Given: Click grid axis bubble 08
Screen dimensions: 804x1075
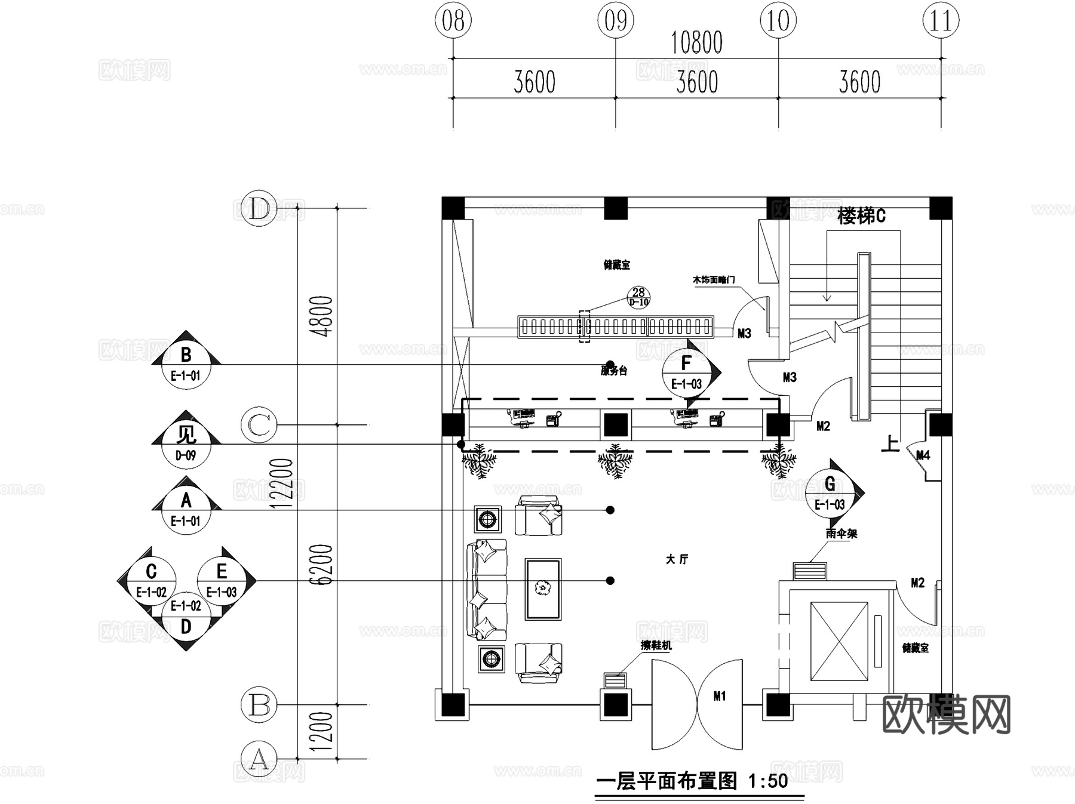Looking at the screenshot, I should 453,21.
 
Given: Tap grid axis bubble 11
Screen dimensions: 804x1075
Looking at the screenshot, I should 941,21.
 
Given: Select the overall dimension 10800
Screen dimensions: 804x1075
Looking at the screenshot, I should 696,43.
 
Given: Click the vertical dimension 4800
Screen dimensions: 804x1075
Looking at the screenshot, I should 324,316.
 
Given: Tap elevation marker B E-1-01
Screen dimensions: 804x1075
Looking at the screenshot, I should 186,364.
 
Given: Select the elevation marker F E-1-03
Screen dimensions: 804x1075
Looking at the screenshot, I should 686,372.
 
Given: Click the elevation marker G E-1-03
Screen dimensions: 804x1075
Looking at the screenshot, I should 830,492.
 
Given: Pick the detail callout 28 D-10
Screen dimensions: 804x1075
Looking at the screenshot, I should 638,297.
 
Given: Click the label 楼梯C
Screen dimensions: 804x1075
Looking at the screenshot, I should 861,216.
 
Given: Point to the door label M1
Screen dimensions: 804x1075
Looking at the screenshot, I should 720,696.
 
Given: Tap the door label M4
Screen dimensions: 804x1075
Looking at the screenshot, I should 923,455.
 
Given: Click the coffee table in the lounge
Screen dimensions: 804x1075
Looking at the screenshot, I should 543,589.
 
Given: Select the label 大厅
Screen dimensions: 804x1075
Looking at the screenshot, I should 677,559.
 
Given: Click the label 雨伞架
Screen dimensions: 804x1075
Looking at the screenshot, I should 841,534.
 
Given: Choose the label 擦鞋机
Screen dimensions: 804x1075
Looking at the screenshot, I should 656,645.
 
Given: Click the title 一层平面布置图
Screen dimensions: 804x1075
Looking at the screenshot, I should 667,781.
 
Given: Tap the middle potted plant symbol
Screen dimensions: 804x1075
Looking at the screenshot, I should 615,461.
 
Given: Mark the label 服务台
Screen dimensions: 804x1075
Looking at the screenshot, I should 614,371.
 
